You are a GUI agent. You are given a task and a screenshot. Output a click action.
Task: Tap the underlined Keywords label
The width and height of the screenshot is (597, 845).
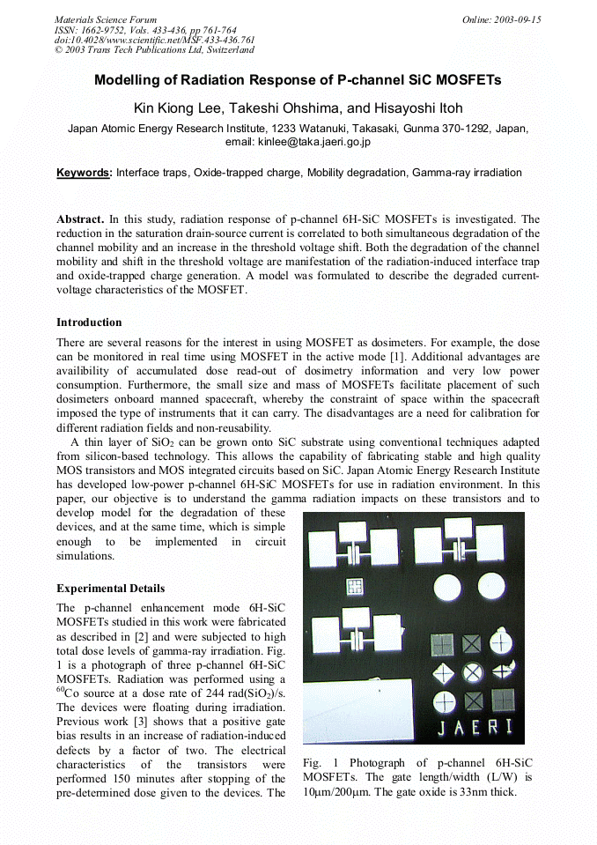coord(84,173)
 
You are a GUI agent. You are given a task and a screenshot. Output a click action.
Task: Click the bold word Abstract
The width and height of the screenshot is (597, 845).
coord(80,219)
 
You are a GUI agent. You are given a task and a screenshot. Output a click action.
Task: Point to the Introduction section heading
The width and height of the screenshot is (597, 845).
coord(89,322)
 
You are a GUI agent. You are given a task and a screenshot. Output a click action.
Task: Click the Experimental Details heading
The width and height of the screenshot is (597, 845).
coord(110,589)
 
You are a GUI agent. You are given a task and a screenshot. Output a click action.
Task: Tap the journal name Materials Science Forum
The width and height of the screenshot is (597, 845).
coord(105,19)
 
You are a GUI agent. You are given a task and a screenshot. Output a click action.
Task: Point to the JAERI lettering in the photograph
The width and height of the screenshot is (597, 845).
coord(475,728)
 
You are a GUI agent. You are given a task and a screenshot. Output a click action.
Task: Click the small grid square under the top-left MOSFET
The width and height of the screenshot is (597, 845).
coord(356,586)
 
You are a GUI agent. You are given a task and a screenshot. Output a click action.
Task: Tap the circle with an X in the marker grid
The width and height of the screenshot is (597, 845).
coord(474,671)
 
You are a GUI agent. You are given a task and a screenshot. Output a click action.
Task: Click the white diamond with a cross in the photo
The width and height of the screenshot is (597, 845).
coord(445,672)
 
